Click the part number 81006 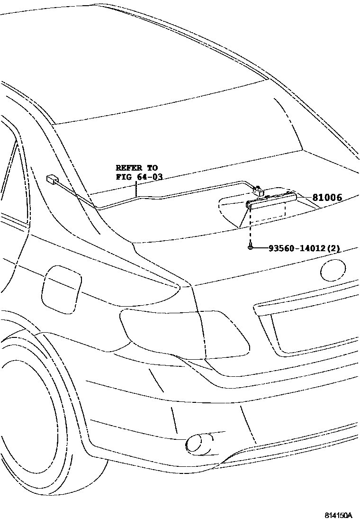click(327, 198)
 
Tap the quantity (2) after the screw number click(333, 248)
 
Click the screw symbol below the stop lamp click(250, 247)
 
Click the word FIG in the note click(123, 177)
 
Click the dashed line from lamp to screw click(250, 227)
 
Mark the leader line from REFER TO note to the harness click(136, 189)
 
